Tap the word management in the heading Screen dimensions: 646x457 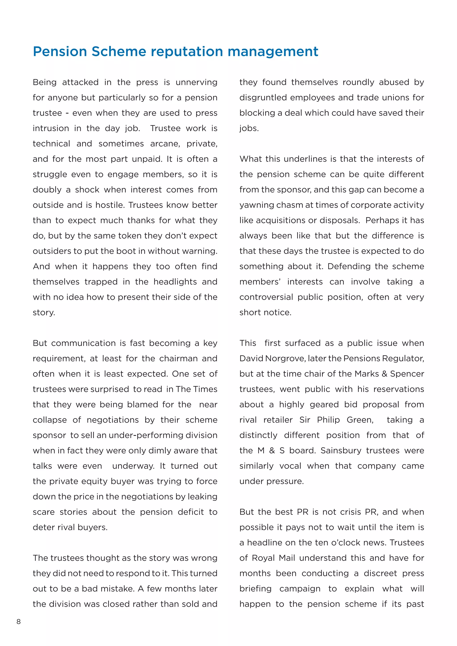pos(273,52)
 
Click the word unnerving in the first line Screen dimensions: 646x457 pos(196,83)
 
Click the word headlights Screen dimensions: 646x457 pos(175,282)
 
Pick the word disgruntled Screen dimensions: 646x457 pos(263,98)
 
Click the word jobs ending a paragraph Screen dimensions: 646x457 pos(249,128)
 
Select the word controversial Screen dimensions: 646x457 pos(266,297)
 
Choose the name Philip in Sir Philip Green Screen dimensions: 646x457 pos(328,420)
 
